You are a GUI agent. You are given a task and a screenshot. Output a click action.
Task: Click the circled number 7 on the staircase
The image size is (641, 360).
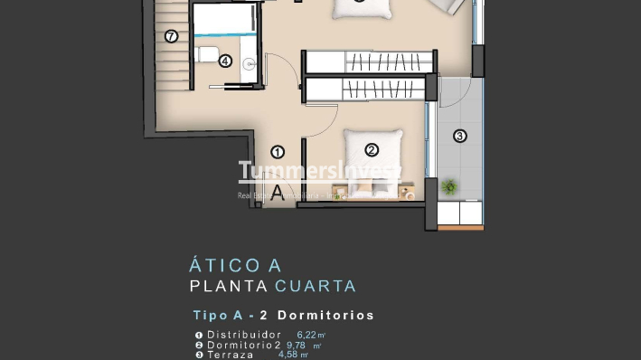tap(172, 36)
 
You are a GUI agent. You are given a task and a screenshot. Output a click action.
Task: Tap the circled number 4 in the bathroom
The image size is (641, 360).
tap(225, 62)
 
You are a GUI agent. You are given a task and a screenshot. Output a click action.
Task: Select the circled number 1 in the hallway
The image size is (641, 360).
tap(278, 152)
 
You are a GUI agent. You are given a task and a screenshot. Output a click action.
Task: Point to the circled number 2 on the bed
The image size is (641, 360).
tap(371, 150)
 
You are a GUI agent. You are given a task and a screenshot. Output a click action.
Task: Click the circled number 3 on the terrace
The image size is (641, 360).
tap(459, 137)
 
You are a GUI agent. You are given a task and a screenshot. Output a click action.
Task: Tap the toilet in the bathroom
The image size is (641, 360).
tap(208, 54)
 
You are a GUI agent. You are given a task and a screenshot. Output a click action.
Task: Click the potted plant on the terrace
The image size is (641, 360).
tap(449, 187)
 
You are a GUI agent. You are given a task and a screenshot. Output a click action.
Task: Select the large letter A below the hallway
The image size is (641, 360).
tap(277, 191)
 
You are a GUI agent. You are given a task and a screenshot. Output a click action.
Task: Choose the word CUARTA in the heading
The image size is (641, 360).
tap(316, 287)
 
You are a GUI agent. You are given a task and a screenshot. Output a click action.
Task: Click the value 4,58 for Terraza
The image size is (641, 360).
tap(289, 355)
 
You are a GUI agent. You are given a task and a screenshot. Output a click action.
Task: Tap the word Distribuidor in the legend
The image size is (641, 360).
tap(239, 335)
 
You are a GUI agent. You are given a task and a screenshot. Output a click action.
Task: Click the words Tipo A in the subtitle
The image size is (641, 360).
tap(217, 316)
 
